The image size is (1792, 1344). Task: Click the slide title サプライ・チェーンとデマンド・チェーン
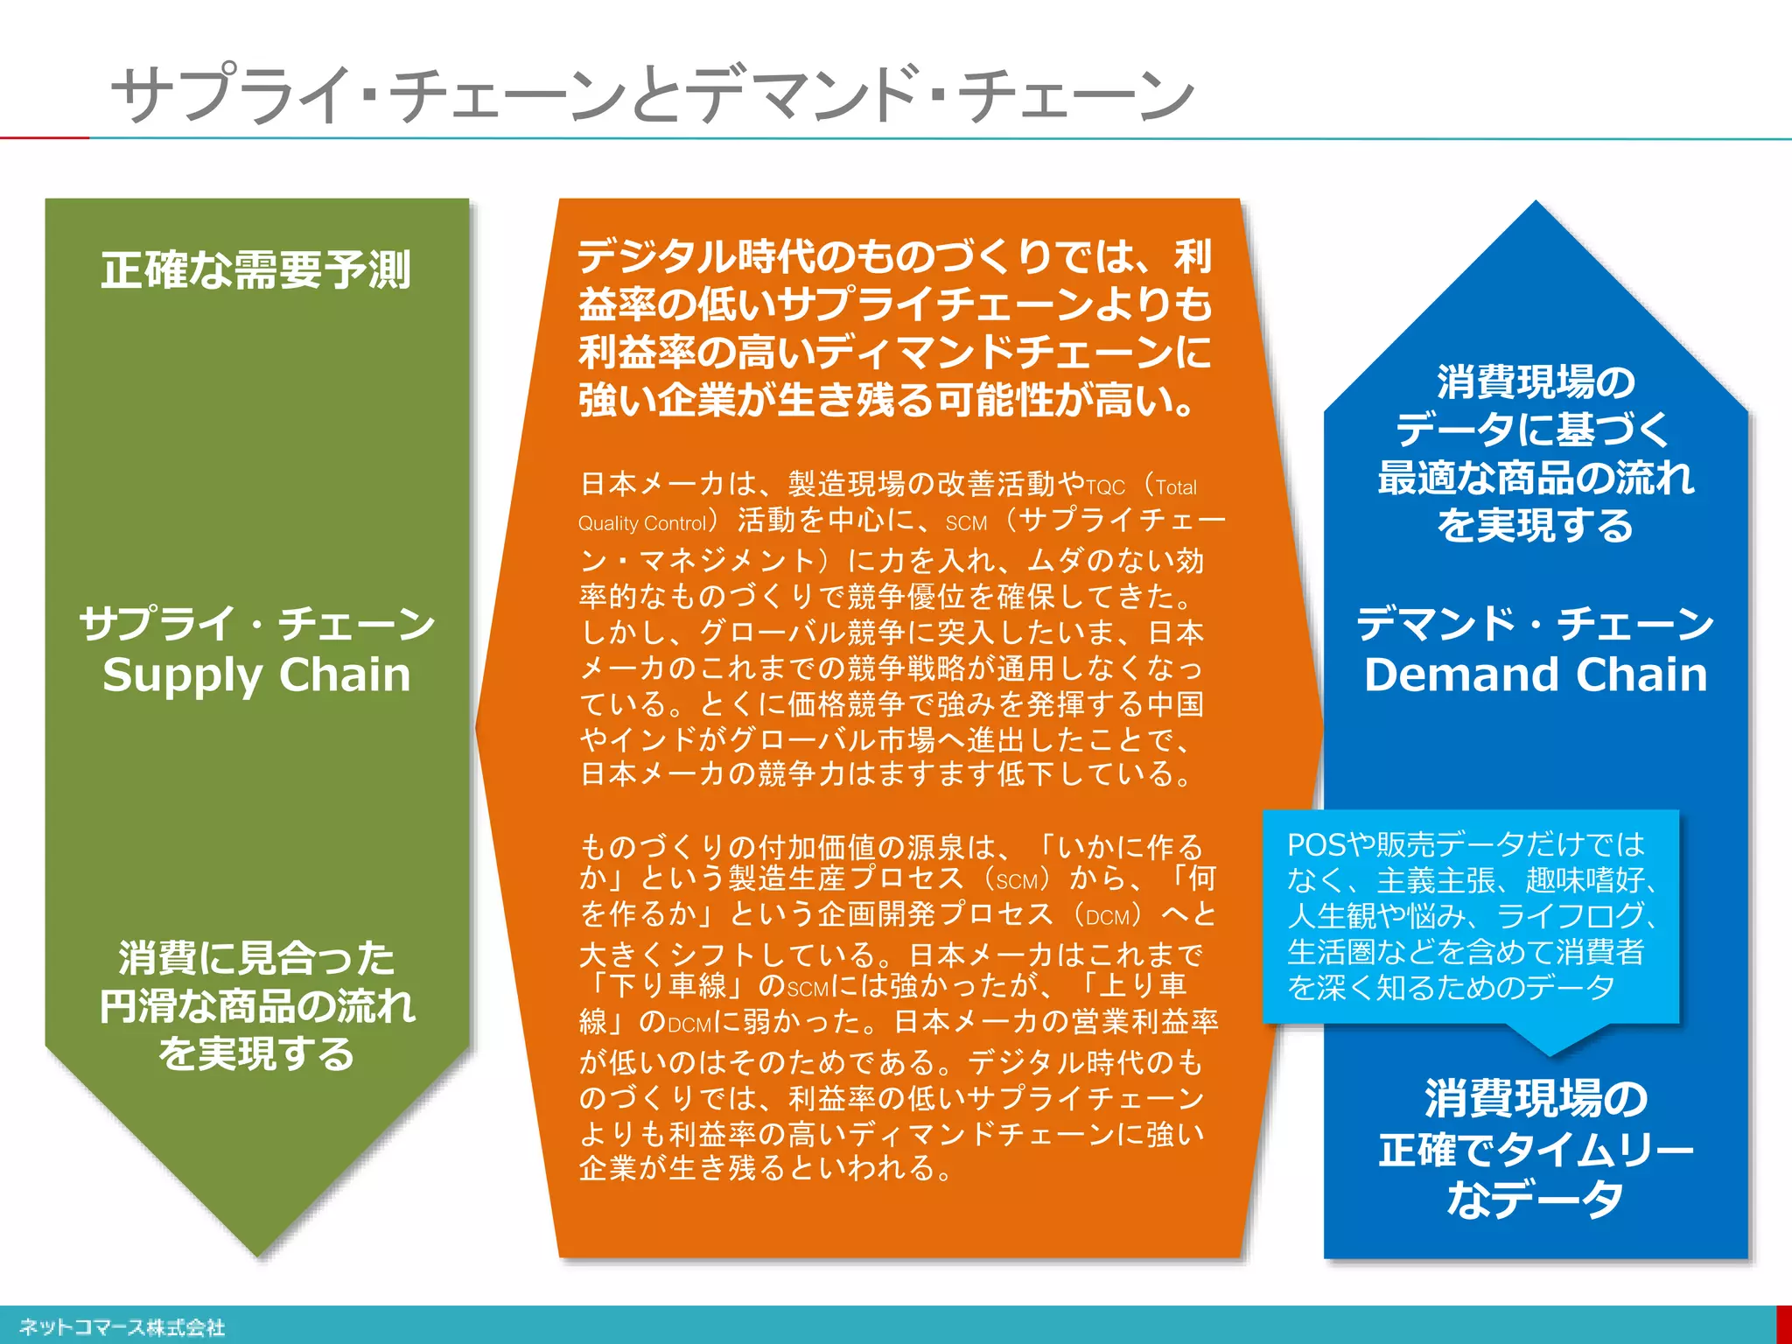[x=652, y=94]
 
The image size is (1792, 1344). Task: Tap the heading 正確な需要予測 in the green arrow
[x=255, y=269]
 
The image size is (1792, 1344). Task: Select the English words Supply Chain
[x=256, y=675]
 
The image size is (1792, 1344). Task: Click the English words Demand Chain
[x=1536, y=675]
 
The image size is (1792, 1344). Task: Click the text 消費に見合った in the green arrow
[x=256, y=957]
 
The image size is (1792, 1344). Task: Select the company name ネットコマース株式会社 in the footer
[x=122, y=1327]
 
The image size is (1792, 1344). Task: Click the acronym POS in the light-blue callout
[x=1316, y=845]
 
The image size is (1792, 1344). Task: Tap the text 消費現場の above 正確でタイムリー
[x=1536, y=1099]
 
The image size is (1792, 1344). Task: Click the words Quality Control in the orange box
[x=642, y=523]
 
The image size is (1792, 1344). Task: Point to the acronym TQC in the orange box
[x=1104, y=487]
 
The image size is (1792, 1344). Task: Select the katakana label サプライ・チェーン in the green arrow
[x=256, y=624]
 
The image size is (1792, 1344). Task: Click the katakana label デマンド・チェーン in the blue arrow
[x=1536, y=624]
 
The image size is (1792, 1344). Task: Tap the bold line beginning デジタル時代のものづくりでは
[x=894, y=256]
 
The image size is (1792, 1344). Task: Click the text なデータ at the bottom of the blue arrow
[x=1536, y=1199]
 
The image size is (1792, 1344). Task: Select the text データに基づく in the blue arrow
[x=1536, y=430]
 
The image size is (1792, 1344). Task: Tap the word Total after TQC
[x=1176, y=487]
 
